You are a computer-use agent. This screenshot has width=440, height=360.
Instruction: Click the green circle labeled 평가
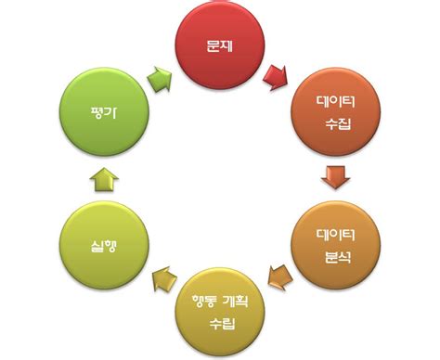pyautogui.click(x=102, y=113)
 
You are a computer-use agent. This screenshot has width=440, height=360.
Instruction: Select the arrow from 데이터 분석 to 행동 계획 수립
pyautogui.click(x=278, y=275)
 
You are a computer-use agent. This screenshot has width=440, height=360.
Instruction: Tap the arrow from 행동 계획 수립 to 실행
pyautogui.click(x=163, y=276)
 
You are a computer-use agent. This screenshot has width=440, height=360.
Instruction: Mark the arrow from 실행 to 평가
pyautogui.click(x=102, y=178)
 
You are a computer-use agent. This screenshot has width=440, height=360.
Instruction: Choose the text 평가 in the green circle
pyautogui.click(x=102, y=113)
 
